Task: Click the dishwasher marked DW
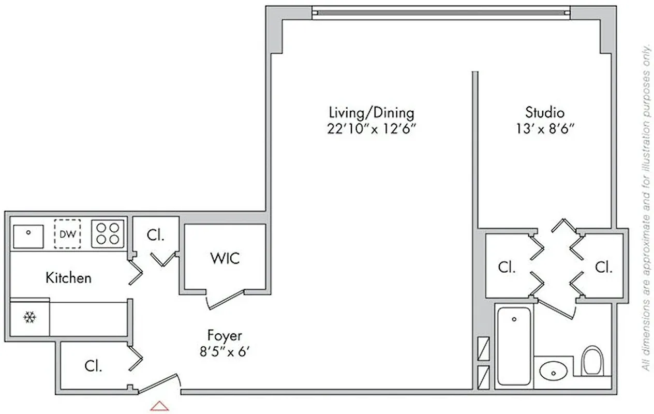pos(67,234)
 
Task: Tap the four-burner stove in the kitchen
pos(108,233)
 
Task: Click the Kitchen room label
pos(68,278)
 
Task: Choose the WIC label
pos(225,258)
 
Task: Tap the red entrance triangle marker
pos(159,406)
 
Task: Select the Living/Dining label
pos(371,112)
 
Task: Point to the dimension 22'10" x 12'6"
pos(371,128)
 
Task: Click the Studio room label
pos(544,112)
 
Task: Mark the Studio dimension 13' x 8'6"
pos(544,128)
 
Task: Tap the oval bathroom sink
pos(553,371)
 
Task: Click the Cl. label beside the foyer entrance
pos(94,366)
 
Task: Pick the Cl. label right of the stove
pos(155,235)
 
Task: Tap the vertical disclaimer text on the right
pos(645,207)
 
